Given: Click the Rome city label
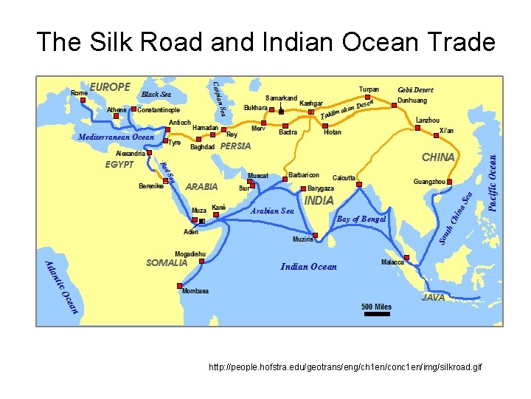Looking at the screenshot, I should (79, 92).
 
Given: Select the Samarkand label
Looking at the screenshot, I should (281, 98).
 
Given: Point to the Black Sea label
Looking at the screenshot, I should (156, 95).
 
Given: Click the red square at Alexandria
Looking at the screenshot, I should (150, 154).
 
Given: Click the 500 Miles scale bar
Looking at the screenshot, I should (377, 313).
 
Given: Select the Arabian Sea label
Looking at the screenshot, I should (272, 211).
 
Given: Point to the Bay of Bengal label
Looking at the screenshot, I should (361, 219).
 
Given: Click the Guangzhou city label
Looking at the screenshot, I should (429, 181).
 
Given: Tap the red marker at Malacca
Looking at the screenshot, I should (407, 257).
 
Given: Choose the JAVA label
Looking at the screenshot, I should (433, 298).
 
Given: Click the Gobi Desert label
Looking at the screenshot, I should (416, 90).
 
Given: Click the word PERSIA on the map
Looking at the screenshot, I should (236, 146).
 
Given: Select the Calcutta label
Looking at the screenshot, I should (344, 178).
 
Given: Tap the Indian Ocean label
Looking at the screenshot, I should (308, 267).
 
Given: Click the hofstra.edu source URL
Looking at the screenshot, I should (345, 367).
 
